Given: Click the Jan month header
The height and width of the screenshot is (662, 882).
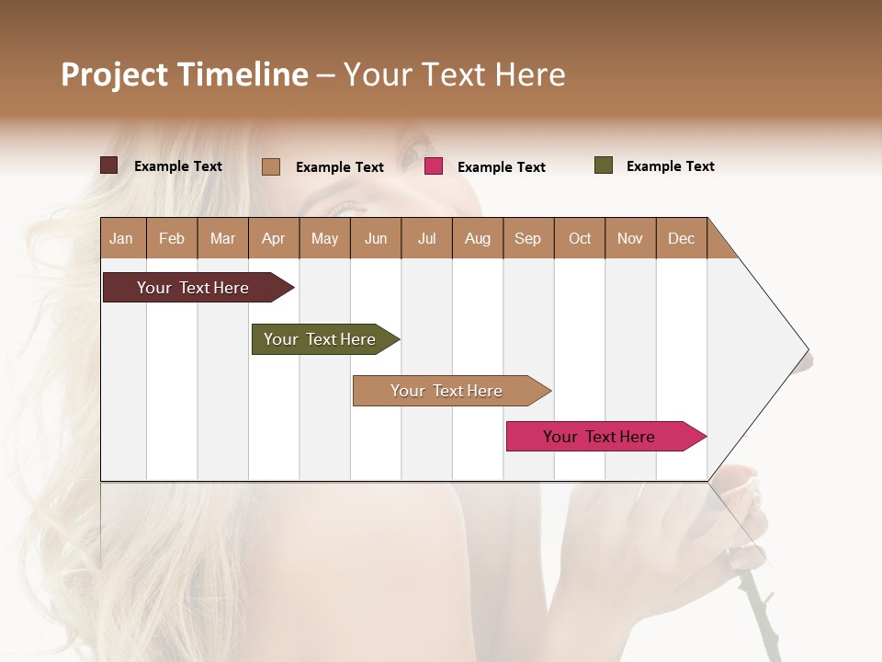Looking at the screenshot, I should click(121, 238).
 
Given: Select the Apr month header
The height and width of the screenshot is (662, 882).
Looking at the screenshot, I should click(273, 238).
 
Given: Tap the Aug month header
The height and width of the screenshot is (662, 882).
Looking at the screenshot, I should click(477, 238).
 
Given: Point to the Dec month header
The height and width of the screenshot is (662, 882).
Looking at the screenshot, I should click(681, 238).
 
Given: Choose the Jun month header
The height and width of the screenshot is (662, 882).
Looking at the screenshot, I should click(375, 238).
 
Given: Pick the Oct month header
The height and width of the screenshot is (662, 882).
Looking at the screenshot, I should click(580, 238).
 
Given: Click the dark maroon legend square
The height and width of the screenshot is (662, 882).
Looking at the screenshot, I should click(109, 165).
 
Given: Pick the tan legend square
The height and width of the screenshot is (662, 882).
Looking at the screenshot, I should click(271, 166).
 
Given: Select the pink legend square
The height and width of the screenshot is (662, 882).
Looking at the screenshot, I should click(434, 166).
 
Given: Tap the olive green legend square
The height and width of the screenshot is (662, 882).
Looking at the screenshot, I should click(604, 165).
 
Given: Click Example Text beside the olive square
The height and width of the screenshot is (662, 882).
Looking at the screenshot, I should click(670, 166).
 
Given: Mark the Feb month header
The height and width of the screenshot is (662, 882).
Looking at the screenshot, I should click(172, 238).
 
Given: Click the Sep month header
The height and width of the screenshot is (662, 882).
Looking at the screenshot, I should click(527, 238).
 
